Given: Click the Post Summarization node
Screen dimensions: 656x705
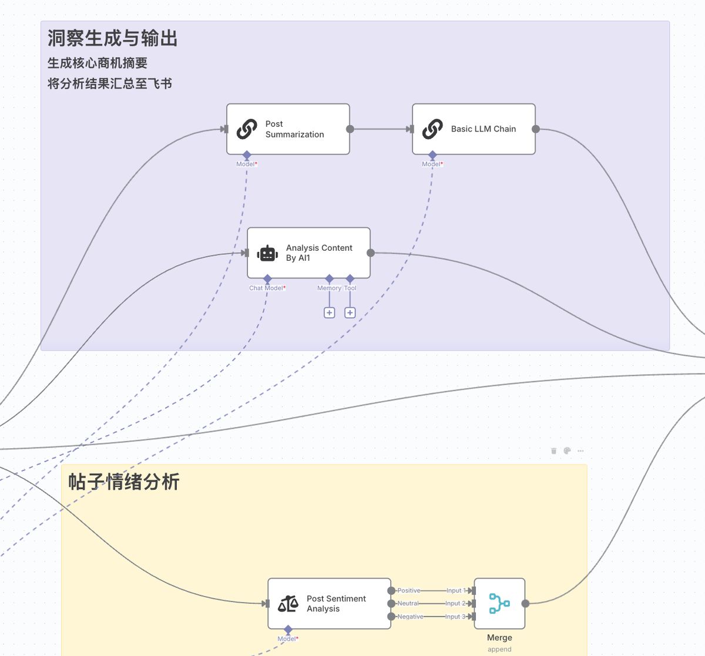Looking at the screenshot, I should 288,129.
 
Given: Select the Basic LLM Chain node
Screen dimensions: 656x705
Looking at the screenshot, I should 474,129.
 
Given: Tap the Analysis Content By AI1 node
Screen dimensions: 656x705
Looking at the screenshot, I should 308,253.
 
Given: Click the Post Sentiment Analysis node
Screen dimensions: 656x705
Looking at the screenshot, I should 329,604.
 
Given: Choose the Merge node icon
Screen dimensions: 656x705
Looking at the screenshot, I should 499,603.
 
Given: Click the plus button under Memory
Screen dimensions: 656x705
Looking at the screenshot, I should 330,313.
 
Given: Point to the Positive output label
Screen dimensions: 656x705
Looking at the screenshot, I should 408,590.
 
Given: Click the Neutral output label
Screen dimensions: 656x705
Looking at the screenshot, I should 408,603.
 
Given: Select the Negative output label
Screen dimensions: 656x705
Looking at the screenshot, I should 410,617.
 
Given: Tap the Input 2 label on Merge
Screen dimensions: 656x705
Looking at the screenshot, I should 455,603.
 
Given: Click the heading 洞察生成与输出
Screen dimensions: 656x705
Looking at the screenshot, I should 112,39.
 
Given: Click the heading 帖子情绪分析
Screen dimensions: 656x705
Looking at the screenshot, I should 123,482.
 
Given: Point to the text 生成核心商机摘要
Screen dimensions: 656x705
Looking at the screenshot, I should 98,63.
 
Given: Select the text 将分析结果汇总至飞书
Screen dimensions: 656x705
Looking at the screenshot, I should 110,83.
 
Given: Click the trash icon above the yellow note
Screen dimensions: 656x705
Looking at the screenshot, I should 553,451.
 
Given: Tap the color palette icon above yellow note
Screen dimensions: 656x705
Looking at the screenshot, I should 567,451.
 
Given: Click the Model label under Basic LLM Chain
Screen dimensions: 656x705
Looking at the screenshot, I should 432,164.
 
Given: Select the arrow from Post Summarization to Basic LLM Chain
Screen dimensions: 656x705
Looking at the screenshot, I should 381,129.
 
